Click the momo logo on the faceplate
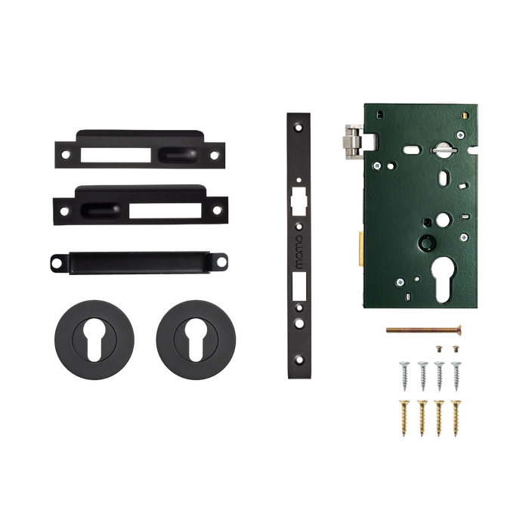[299, 252]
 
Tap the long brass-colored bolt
[424, 329]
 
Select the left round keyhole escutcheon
[94, 340]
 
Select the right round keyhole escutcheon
[196, 340]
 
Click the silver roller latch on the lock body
[353, 142]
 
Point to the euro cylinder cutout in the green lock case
[444, 280]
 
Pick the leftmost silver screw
[404, 376]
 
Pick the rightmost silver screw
[456, 376]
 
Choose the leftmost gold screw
[404, 418]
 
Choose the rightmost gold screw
[456, 418]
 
